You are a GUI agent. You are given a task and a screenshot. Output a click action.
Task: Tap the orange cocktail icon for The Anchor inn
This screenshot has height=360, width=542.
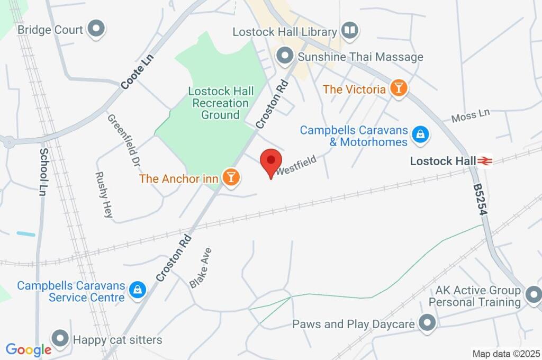(231, 177)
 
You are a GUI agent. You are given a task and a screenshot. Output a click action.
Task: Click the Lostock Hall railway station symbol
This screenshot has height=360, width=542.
(484, 160)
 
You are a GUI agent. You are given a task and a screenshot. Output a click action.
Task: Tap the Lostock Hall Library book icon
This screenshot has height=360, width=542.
(350, 30)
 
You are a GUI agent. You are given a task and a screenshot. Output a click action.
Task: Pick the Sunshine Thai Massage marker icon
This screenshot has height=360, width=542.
(285, 55)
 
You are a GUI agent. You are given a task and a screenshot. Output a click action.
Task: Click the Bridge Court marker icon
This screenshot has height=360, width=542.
(96, 30)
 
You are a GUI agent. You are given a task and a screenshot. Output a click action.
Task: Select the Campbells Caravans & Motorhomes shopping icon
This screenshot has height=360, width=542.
(420, 134)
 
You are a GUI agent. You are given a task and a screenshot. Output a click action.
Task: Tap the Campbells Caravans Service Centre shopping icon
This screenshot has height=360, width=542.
(138, 290)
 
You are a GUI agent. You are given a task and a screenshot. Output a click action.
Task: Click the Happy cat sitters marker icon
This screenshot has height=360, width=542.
(60, 338)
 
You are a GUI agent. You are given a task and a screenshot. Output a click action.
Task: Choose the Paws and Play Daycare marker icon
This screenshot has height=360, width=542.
(427, 322)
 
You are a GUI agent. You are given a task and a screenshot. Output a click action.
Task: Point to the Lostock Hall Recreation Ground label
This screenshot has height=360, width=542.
(221, 103)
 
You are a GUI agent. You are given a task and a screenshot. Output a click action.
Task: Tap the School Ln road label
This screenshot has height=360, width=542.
(43, 172)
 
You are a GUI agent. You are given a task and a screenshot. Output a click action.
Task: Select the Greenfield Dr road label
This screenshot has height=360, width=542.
(123, 139)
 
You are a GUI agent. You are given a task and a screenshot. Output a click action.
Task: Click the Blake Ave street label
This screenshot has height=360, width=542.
(201, 268)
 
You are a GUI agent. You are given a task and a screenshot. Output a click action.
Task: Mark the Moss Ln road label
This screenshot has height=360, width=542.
(471, 115)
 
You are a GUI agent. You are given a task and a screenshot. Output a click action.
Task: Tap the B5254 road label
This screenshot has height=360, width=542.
(480, 200)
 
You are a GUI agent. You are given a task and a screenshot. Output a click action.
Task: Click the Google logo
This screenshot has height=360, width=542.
(28, 349)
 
